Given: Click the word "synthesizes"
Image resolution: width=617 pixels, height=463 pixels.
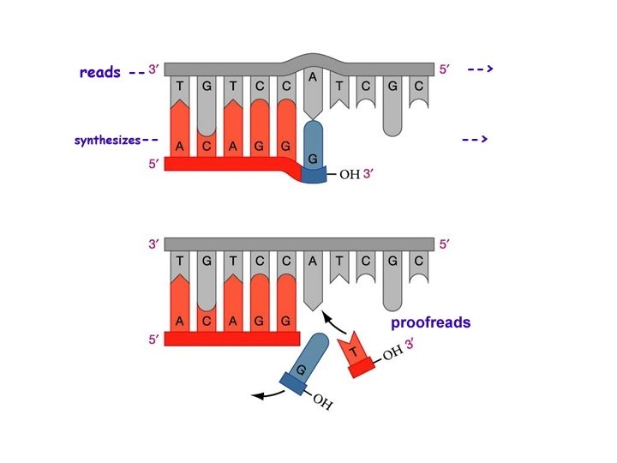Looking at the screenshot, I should click(106, 139).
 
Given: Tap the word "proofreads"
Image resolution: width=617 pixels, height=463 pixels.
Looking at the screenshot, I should click(431, 323).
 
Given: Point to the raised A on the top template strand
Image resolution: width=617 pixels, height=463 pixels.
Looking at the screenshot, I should click(314, 76).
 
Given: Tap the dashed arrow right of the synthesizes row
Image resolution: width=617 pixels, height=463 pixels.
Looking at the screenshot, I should click(475, 139).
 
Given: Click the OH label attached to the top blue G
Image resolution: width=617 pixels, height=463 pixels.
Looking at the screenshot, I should click(350, 176).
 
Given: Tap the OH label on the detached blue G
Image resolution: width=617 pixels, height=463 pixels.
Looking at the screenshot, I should click(322, 401).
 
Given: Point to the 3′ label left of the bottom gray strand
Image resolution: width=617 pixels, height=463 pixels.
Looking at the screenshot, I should click(154, 244).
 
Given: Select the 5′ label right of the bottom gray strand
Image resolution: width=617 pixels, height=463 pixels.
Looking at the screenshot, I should click(444, 244).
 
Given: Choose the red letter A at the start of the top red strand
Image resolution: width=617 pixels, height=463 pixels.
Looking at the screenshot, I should click(180, 147).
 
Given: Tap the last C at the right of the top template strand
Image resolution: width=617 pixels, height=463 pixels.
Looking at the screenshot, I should click(418, 87).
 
